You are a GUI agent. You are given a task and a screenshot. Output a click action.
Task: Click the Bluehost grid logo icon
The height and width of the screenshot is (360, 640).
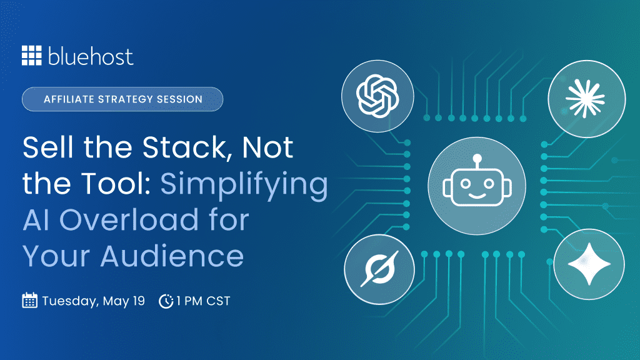point(31,56)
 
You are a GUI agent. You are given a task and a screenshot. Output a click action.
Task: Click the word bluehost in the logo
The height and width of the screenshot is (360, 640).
point(91,56)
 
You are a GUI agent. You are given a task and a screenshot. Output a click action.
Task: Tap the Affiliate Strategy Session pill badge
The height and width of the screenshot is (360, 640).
point(122,99)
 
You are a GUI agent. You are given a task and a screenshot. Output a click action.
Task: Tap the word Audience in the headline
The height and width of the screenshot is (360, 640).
point(172,256)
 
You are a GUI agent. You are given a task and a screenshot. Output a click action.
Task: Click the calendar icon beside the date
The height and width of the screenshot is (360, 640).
point(29,301)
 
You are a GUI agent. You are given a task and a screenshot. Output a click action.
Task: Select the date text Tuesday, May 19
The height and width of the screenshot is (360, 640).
point(94,301)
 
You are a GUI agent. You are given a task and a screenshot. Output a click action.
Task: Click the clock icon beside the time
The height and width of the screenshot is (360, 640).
point(166,301)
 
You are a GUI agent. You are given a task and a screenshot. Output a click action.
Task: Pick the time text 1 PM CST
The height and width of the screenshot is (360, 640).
point(203,301)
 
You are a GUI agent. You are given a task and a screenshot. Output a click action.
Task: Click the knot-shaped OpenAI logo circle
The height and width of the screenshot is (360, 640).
point(377,96)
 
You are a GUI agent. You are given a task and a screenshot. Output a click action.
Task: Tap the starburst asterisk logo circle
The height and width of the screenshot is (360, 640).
point(586,99)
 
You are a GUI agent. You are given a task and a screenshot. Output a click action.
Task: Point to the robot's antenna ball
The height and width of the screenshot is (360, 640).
point(477,158)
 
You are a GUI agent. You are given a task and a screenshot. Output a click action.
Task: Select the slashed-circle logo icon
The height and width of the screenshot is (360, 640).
point(379,269)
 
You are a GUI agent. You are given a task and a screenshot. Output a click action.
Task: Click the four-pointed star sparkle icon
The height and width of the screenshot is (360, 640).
point(589,264)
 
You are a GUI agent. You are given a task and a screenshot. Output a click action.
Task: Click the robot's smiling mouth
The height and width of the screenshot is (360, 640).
point(477,196)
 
